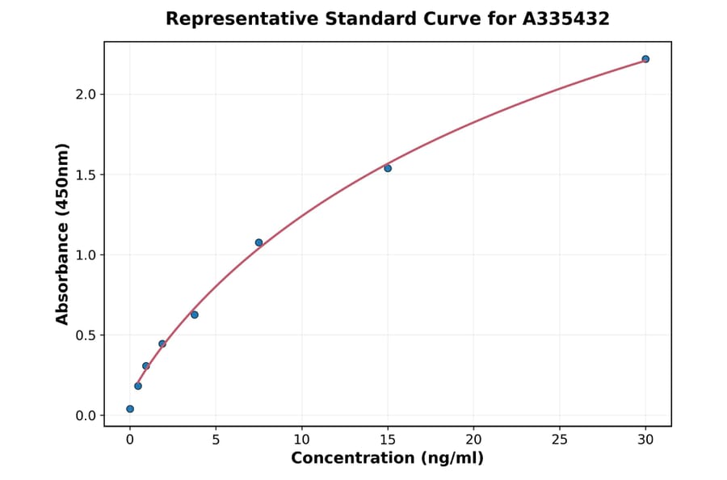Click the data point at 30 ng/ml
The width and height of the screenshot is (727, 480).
[x=645, y=59]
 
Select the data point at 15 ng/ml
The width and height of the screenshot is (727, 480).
[x=388, y=168]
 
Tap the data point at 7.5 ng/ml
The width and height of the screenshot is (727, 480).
[x=258, y=242]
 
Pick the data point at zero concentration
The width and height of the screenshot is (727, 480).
[x=130, y=409]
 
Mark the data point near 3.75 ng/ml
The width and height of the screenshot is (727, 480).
[x=195, y=314]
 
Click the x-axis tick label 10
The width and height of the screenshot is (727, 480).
[x=301, y=440]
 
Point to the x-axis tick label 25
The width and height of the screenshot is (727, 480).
[x=560, y=440]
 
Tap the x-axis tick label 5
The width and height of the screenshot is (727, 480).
[x=216, y=440]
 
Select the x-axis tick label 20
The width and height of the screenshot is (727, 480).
[x=473, y=440]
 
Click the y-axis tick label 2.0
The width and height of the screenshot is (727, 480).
[x=85, y=95]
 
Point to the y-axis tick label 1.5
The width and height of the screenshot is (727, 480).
[x=85, y=175]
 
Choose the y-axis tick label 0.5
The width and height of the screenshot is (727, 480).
[x=85, y=335]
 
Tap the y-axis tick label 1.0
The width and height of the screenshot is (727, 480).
[x=85, y=255]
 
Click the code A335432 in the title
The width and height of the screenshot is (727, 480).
[x=567, y=19]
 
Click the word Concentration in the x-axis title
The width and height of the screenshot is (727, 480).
[x=352, y=459]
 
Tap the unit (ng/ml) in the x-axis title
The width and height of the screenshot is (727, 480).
[x=452, y=459]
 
